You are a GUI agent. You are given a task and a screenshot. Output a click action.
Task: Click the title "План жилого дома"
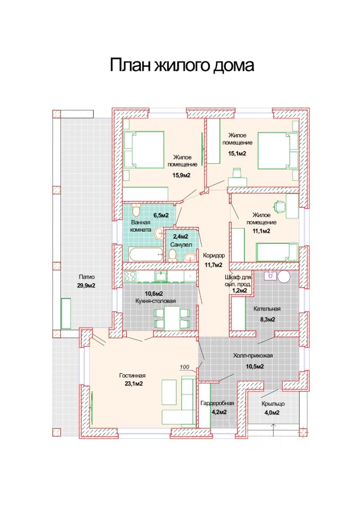(x=182, y=65)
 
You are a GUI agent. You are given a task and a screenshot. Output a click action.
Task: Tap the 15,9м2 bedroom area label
(x=181, y=175)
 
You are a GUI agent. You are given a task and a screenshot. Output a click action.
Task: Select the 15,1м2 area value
(x=237, y=153)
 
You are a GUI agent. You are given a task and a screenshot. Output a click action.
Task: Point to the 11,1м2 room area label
(x=261, y=231)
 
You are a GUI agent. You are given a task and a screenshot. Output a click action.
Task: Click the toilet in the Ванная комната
(x=136, y=210)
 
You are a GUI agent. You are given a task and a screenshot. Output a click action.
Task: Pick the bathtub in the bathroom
(x=146, y=254)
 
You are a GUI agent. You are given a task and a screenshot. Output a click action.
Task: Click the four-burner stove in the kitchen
(x=130, y=276)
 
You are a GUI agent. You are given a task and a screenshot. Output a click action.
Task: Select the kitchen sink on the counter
(x=161, y=276)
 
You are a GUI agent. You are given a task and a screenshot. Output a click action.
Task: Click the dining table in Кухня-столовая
(x=172, y=318)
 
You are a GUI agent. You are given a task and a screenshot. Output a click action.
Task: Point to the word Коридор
(x=214, y=256)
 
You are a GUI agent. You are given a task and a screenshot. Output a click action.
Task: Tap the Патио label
(x=86, y=277)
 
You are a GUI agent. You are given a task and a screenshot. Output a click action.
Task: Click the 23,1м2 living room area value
(x=134, y=383)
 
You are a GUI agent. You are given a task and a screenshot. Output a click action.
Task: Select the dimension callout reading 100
(x=185, y=367)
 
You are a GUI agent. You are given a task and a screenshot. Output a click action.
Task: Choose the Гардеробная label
(x=217, y=403)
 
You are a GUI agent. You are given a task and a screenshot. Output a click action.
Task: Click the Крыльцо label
(x=273, y=403)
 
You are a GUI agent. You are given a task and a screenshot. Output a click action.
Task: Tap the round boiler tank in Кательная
(x=284, y=277)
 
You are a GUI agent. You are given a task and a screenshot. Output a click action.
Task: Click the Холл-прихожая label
(x=253, y=355)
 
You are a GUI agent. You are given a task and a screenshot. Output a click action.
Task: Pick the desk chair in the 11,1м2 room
(x=279, y=206)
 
